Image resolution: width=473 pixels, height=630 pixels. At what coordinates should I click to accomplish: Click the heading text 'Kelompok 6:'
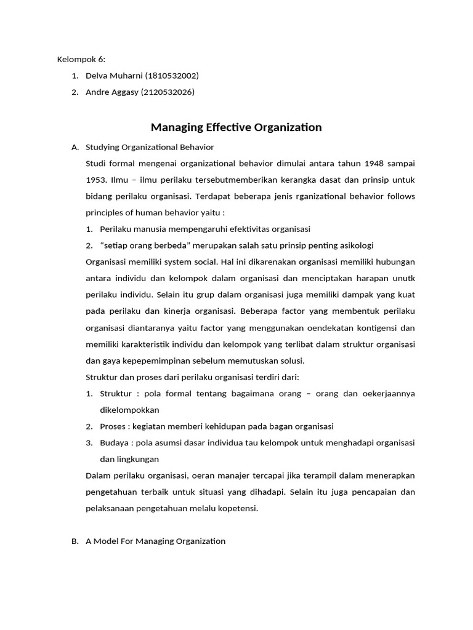(x=81, y=59)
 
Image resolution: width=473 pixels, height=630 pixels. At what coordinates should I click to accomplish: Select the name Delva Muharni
(x=114, y=76)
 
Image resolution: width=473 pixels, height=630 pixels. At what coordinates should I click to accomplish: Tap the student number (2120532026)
(x=168, y=92)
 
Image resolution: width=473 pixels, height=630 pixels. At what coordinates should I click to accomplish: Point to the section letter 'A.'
(x=75, y=147)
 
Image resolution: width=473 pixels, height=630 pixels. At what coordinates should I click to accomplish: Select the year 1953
(x=97, y=180)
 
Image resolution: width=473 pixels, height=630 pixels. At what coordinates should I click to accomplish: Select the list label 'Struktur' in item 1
(x=116, y=394)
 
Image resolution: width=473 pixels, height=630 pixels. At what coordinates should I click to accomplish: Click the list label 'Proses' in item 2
(x=114, y=426)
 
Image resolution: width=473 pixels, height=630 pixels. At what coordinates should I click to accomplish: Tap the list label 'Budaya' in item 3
(x=115, y=442)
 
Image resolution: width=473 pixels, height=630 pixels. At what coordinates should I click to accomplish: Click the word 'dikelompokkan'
(x=129, y=410)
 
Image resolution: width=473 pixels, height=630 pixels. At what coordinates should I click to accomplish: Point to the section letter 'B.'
(x=75, y=541)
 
